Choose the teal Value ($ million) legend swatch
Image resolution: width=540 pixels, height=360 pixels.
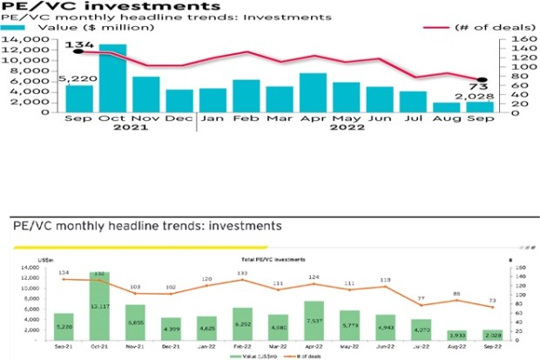pyautogui.click(x=15, y=28)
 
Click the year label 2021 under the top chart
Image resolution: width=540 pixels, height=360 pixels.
pyautogui.click(x=113, y=128)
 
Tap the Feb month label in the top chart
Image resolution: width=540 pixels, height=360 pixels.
pyautogui.click(x=246, y=118)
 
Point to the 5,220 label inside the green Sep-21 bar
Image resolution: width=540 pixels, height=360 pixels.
pyautogui.click(x=64, y=326)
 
